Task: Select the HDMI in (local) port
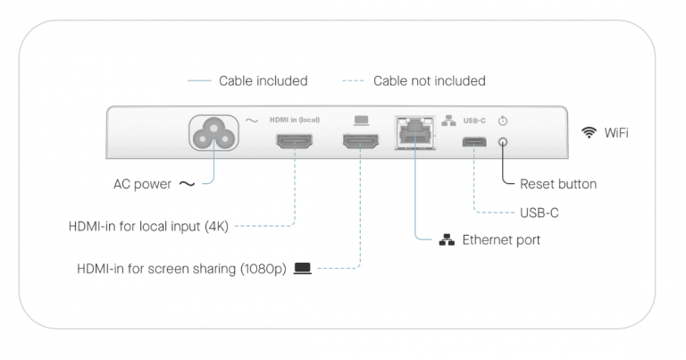point(294,141)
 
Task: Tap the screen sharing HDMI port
point(359,141)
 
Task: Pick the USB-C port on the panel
point(474,141)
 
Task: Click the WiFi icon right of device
point(589,132)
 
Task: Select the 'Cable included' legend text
point(263,81)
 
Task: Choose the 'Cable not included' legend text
point(429,81)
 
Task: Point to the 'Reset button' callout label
point(557,185)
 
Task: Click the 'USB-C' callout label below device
point(540,213)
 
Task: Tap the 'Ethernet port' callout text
point(500,240)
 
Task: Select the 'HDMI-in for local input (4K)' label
point(149,226)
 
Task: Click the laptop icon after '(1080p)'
point(302,268)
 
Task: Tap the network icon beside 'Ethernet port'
point(447,240)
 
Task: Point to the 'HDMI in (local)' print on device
point(294,120)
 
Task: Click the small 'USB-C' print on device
point(474,120)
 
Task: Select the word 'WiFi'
point(616,132)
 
